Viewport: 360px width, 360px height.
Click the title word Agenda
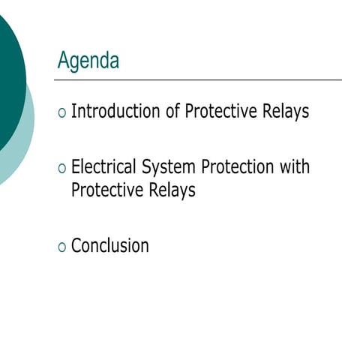pos(88,61)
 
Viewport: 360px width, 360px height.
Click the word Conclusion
pos(109,245)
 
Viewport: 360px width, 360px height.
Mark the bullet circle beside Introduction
pos(61,113)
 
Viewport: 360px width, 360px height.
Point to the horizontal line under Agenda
pos(199,79)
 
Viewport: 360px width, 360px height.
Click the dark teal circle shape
pos(9,82)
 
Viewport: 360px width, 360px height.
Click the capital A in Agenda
pos(63,60)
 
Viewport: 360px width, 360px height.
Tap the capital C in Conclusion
pos(76,245)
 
